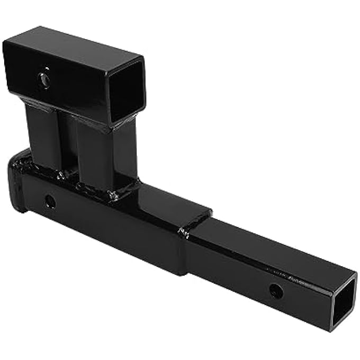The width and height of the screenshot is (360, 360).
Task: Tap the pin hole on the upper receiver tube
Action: (44, 80)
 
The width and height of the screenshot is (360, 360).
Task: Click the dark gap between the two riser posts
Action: (67, 143)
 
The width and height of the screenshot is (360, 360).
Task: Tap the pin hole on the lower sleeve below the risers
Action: (50, 201)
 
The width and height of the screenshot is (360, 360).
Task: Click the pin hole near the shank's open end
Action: (275, 290)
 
